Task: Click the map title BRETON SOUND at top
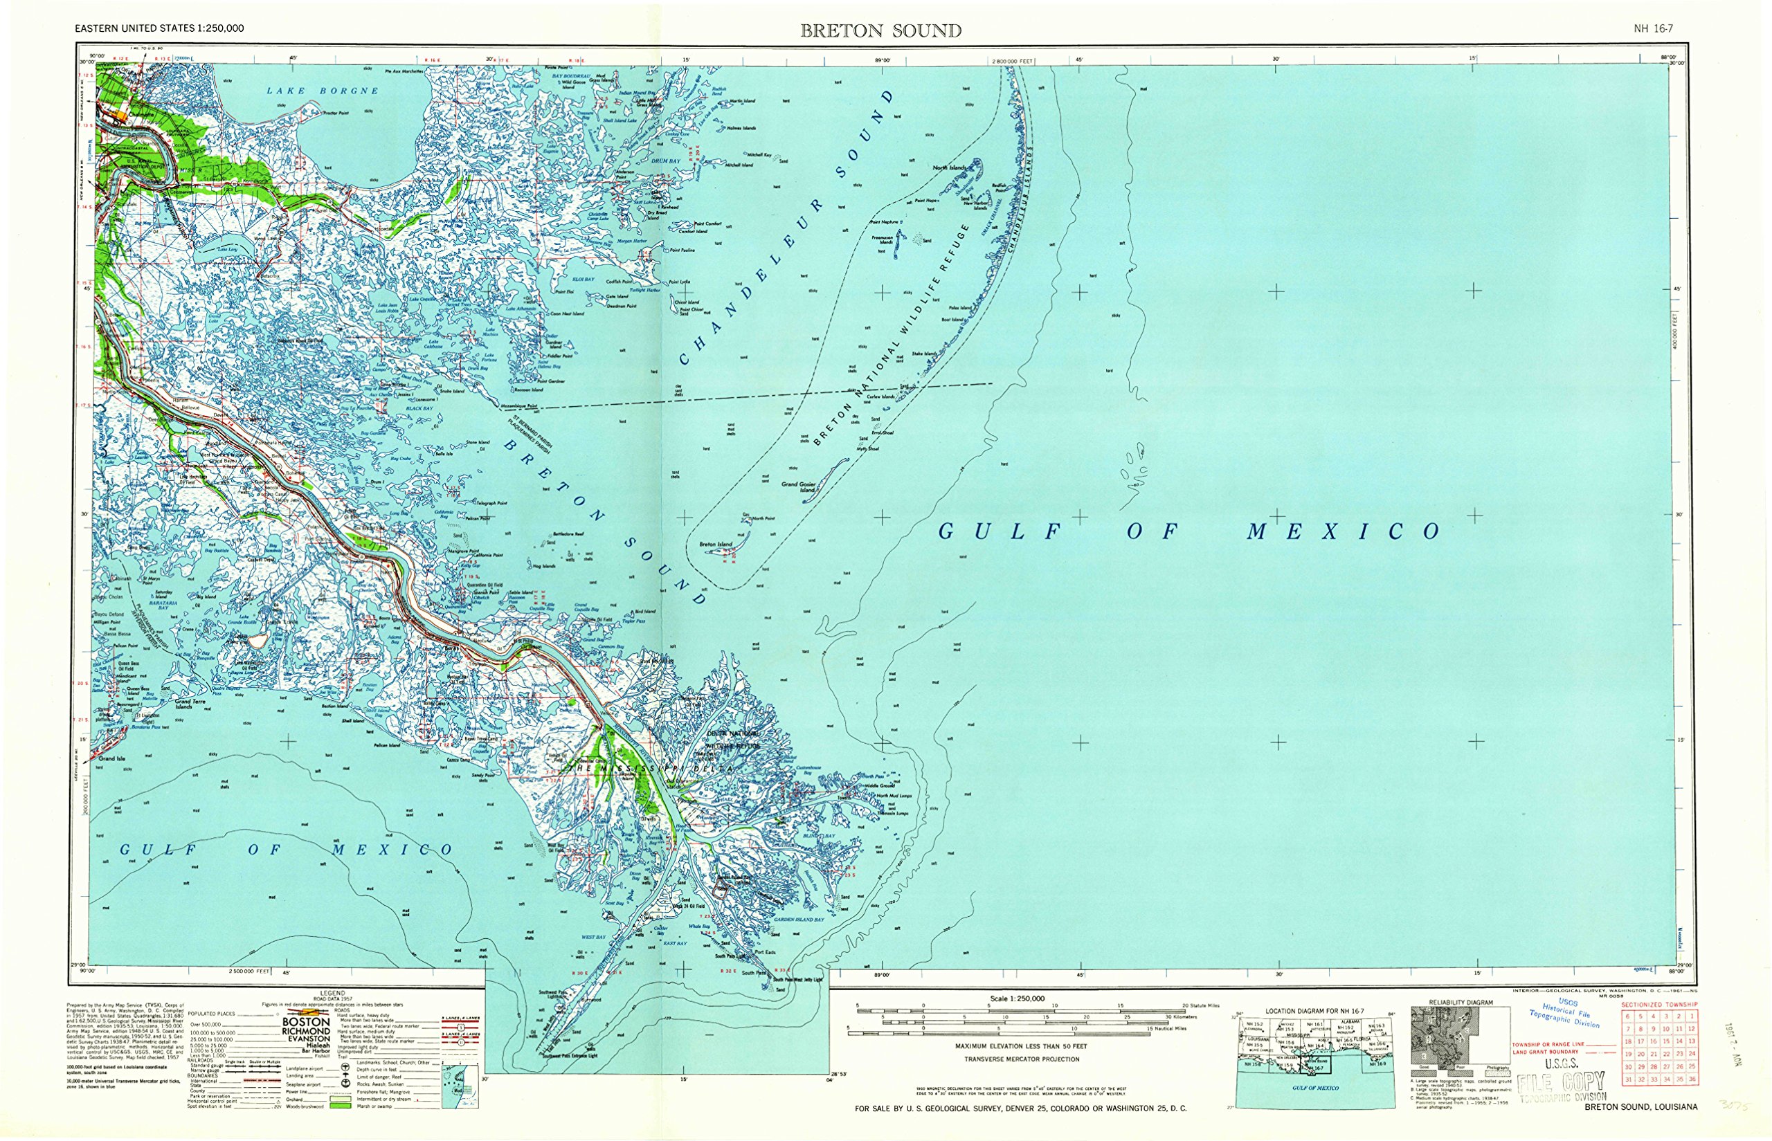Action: click(x=880, y=30)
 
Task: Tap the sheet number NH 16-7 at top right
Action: click(x=1654, y=29)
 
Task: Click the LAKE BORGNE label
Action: click(x=323, y=91)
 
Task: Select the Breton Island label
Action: click(x=715, y=545)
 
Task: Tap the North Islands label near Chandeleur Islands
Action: click(x=950, y=168)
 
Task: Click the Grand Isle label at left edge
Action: click(x=112, y=758)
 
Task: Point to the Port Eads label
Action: click(x=766, y=952)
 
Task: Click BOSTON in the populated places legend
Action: click(x=306, y=1022)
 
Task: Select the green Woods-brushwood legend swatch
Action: click(x=341, y=1106)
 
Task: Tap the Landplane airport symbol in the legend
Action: click(x=346, y=1068)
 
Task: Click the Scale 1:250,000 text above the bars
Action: click(x=1017, y=998)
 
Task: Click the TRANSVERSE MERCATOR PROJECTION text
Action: click(x=1021, y=1059)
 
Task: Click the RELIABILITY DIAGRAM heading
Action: click(x=1460, y=1003)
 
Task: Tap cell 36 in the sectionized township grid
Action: click(x=1692, y=1080)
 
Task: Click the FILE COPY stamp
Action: click(x=1561, y=1084)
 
